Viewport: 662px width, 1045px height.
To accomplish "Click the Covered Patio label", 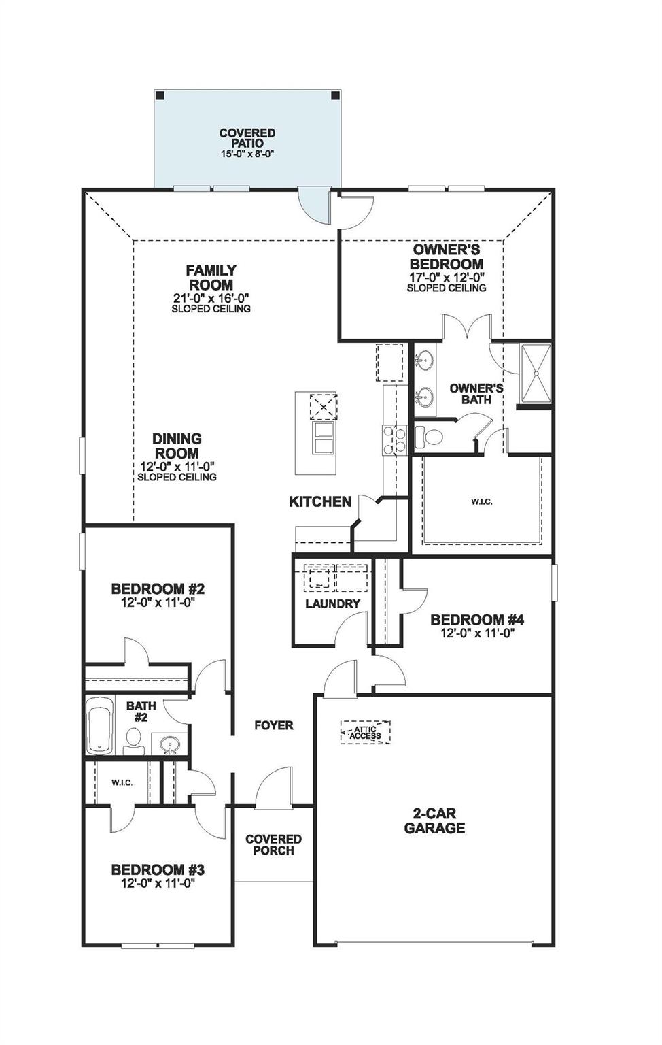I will (247, 138).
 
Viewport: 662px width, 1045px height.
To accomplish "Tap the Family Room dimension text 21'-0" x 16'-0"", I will (211, 298).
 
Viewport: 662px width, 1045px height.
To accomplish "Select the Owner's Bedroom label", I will (447, 256).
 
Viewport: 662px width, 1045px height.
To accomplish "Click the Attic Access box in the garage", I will (365, 732).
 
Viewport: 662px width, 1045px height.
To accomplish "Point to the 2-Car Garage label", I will (434, 820).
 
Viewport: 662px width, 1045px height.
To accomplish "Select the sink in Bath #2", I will (169, 745).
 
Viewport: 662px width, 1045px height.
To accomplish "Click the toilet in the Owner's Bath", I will (428, 435).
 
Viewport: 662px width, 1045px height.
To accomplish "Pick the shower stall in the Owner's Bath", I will (535, 373).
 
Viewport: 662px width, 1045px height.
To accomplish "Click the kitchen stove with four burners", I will (395, 438).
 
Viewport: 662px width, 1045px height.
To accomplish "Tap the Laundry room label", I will (332, 603).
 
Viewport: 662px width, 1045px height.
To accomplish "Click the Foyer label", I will (274, 725).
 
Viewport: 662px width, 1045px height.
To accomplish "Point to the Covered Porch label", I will (273, 845).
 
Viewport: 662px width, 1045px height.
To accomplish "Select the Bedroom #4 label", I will (477, 620).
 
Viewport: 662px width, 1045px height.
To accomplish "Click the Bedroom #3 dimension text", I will (158, 883).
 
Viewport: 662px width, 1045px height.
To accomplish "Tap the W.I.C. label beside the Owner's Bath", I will (481, 501).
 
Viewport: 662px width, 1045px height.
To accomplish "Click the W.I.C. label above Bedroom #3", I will (122, 782).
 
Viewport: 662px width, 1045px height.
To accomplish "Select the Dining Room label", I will (177, 446).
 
